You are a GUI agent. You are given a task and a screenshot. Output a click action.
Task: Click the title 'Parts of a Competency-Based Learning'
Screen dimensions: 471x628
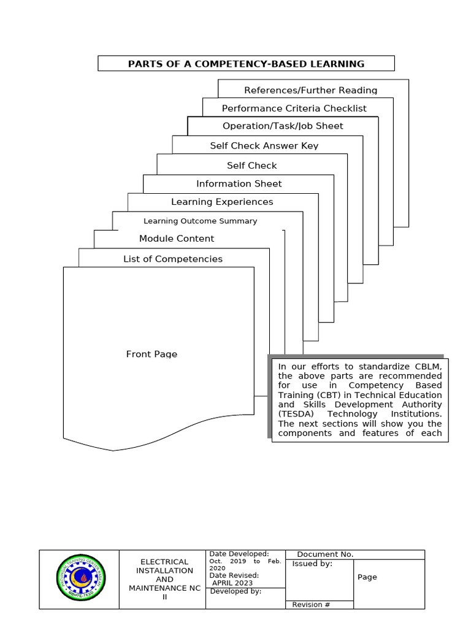click(246, 64)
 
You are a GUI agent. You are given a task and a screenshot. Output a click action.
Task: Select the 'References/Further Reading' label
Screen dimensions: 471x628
click(310, 90)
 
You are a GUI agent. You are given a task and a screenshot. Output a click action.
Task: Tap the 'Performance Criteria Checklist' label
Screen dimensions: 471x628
click(294, 109)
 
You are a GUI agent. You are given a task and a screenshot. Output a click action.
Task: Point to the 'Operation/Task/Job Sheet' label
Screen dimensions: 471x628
click(283, 126)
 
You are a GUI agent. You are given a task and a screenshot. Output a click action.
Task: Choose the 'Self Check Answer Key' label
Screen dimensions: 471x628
click(264, 146)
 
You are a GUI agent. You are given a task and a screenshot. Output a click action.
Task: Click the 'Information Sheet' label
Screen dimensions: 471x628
click(239, 184)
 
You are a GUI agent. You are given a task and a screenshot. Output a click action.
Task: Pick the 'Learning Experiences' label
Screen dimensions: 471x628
click(222, 202)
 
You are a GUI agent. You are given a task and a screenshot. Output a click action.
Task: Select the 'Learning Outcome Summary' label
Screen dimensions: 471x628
click(200, 221)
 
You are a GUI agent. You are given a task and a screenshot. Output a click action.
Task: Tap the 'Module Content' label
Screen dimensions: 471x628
click(177, 239)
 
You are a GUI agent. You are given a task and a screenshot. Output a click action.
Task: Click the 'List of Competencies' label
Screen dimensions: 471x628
click(173, 259)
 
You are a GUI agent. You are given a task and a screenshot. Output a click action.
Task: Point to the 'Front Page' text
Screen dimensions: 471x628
click(151, 354)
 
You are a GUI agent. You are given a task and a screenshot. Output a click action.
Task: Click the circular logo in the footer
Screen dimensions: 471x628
click(80, 579)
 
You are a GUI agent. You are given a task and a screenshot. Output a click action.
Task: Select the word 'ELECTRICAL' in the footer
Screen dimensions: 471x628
click(164, 562)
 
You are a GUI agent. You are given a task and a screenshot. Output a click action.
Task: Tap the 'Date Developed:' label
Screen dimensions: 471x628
click(239, 554)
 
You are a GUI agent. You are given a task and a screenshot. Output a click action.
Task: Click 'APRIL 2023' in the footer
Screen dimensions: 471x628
click(232, 583)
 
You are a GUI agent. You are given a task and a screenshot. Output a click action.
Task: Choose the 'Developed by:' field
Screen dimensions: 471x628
click(235, 592)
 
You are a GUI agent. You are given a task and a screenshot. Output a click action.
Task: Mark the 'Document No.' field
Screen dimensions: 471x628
click(325, 554)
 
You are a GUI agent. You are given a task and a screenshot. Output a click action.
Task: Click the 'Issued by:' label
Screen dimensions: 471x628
click(312, 564)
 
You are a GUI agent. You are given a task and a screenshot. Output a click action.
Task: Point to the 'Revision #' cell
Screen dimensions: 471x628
click(311, 605)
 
